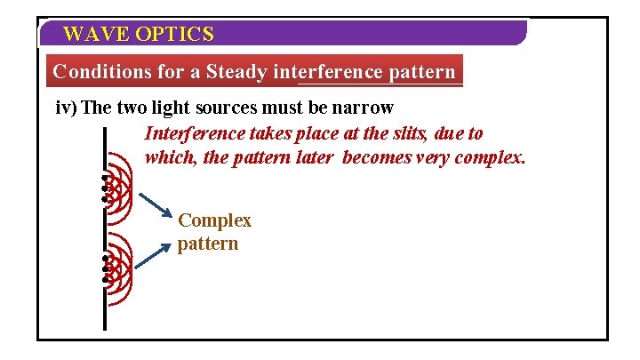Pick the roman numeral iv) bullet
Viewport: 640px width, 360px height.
pos(66,108)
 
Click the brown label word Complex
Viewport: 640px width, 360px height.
pos(214,220)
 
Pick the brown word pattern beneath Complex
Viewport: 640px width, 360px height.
pos(208,243)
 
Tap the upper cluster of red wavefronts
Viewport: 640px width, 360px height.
pos(117,188)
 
